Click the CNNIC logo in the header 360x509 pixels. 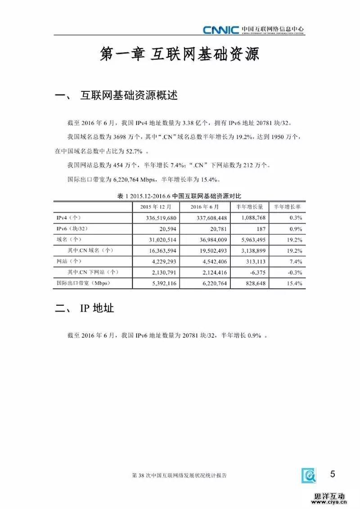(220, 30)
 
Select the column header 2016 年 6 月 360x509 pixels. (205, 207)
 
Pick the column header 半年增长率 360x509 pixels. (287, 207)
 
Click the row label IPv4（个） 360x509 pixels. (68, 218)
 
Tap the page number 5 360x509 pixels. (333, 474)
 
